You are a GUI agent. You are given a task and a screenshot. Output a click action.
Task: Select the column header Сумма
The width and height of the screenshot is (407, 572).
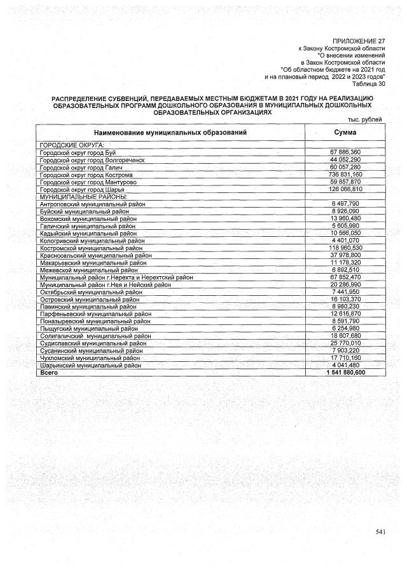click(x=345, y=132)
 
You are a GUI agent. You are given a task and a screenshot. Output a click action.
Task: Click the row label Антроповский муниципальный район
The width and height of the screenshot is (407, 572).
click(x=92, y=204)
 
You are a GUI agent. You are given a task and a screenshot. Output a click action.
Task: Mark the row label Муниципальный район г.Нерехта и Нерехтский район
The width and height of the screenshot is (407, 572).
click(x=116, y=277)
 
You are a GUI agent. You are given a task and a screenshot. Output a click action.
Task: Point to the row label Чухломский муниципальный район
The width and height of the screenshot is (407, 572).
click(x=90, y=358)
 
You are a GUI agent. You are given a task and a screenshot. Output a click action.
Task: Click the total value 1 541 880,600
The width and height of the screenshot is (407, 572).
click(x=344, y=373)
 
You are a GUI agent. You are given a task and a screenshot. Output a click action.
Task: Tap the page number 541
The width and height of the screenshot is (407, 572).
click(x=380, y=531)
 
